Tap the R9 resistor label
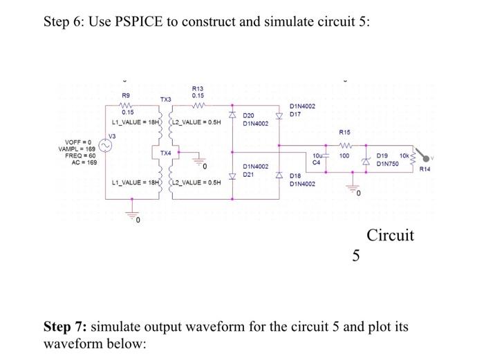point(125,96)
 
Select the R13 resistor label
point(197,88)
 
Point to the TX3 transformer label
point(164,100)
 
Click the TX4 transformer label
point(165,152)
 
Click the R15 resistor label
point(344,131)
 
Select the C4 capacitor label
point(317,163)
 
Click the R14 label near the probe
point(434,167)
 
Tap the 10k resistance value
point(404,157)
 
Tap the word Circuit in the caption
point(390,235)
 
